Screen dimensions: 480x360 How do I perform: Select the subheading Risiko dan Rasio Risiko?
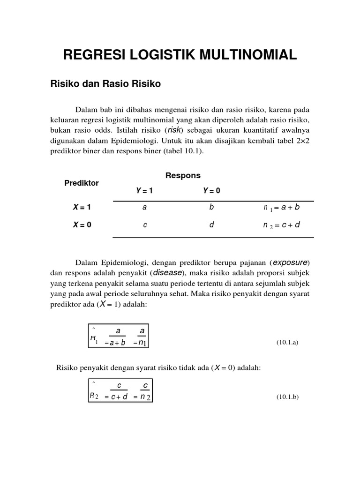click(105, 84)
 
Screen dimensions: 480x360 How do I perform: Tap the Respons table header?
click(183, 175)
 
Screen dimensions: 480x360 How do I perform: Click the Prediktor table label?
click(82, 183)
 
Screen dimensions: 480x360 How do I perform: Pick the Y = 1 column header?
click(144, 191)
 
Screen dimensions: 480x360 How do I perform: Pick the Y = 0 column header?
click(211, 191)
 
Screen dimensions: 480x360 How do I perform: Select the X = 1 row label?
click(82, 207)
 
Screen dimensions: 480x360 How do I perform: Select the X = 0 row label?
click(82, 225)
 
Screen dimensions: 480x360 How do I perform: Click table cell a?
click(144, 207)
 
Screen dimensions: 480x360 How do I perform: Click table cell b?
click(211, 207)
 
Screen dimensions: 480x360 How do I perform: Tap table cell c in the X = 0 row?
click(145, 225)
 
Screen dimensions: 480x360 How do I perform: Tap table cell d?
click(211, 225)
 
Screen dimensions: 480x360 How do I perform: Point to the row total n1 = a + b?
click(281, 208)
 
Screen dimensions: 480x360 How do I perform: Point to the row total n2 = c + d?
click(281, 225)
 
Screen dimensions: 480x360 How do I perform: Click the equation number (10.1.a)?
click(287, 342)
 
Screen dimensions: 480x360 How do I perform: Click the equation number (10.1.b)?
click(287, 397)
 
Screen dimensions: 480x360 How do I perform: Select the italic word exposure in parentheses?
click(291, 262)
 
